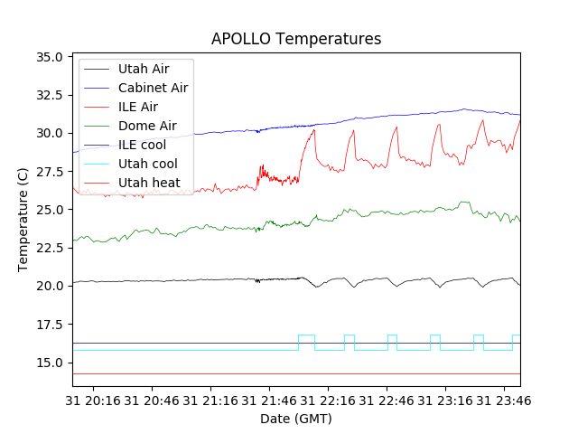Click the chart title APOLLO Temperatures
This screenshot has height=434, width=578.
296,39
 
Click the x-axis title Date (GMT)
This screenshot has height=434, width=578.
296,419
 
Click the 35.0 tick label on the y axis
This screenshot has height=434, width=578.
49,56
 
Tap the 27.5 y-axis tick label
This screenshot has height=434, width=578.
49,171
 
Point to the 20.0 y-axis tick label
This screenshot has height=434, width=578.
49,286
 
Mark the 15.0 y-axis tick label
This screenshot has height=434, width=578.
49,363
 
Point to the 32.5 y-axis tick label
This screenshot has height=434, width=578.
49,94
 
